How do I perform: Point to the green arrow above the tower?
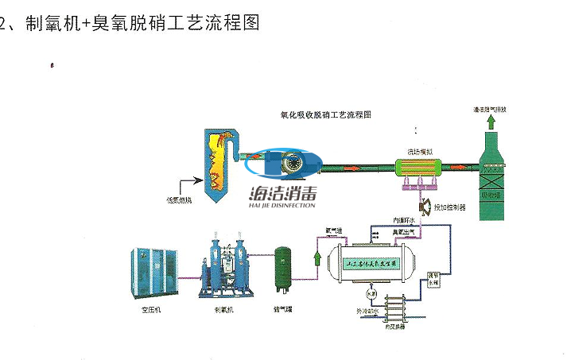point(492,122)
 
